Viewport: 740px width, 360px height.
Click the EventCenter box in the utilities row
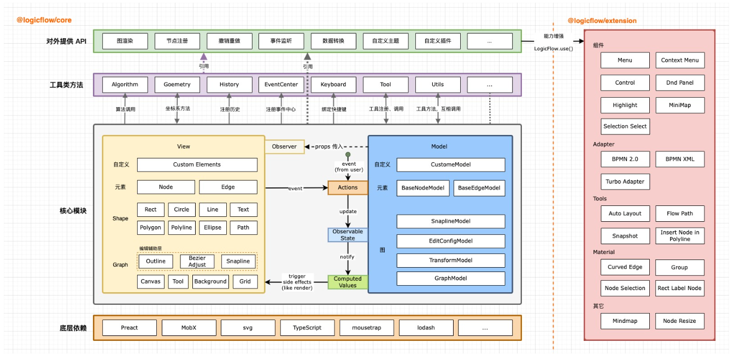tap(281, 85)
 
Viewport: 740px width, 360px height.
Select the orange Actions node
tap(348, 187)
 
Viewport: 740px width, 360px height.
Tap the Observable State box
tap(348, 235)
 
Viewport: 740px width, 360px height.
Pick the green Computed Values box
tap(348, 282)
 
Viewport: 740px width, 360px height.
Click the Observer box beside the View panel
tap(284, 146)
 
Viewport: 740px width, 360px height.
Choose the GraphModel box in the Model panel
tap(451, 278)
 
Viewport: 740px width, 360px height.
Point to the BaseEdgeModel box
tap(479, 188)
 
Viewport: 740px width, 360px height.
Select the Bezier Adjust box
tap(197, 261)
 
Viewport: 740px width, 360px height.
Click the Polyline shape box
tap(181, 227)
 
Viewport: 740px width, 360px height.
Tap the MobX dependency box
tap(189, 328)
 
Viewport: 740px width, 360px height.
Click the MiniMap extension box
tap(679, 105)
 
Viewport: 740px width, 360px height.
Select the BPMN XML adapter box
tap(679, 160)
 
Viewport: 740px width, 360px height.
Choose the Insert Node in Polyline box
tap(679, 235)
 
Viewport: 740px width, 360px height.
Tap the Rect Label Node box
tap(679, 288)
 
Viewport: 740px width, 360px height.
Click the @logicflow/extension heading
tap(602, 21)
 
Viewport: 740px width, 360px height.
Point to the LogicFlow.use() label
tap(553, 49)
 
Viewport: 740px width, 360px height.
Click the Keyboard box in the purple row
tap(333, 85)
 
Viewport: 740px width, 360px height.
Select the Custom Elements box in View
tap(197, 164)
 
